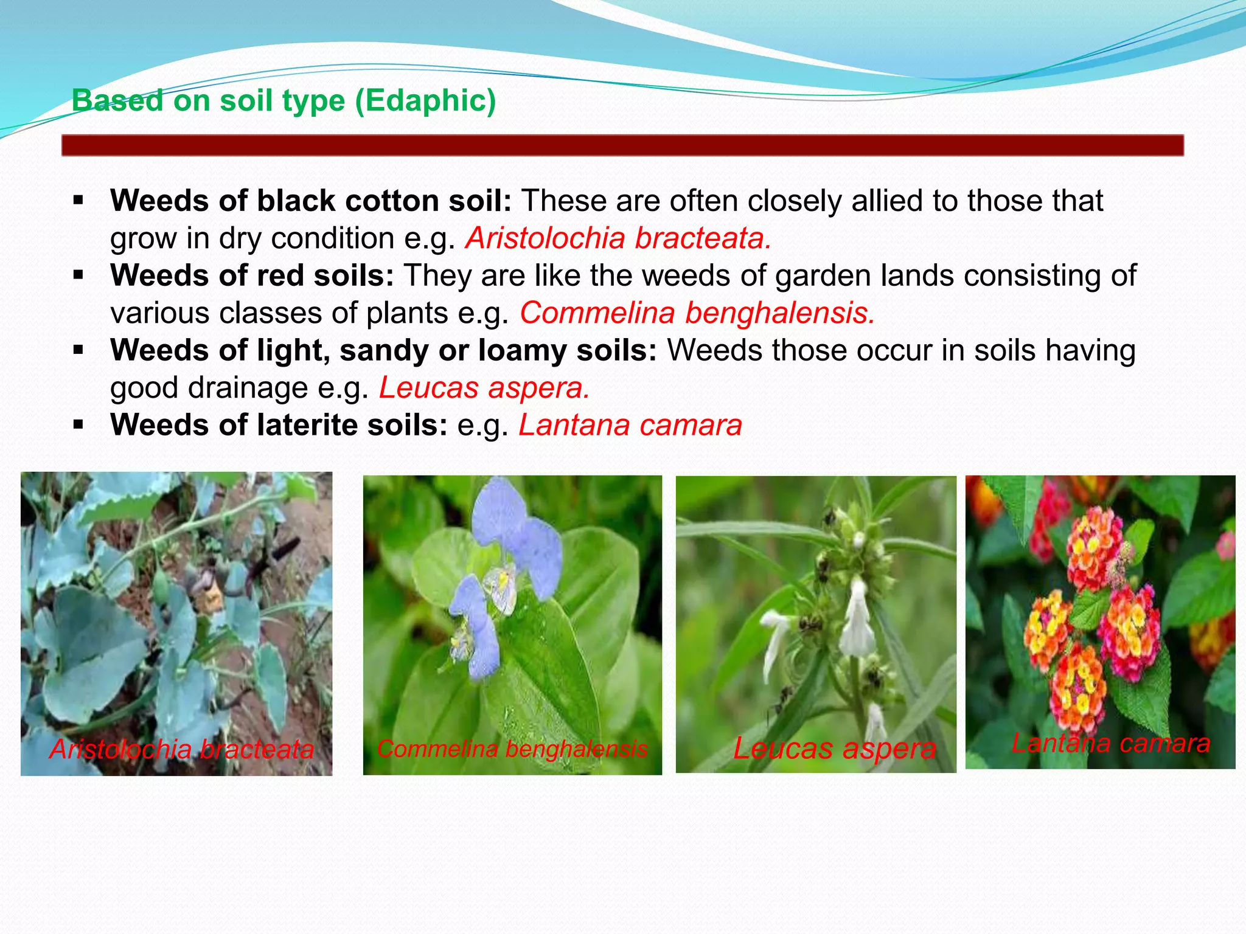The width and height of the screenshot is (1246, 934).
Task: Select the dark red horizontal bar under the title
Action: pos(622,145)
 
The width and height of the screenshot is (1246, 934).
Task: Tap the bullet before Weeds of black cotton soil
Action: pos(78,200)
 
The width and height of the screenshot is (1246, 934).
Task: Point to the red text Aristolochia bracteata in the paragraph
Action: pos(618,238)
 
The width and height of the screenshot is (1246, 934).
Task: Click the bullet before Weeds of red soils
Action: pos(78,275)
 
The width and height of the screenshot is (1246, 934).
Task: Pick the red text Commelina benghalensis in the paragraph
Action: pos(697,313)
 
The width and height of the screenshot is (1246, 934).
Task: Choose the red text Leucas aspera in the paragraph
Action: pos(484,388)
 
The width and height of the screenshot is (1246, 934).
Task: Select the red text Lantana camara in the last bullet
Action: pos(630,425)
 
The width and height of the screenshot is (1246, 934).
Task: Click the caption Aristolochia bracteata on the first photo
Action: pos(182,749)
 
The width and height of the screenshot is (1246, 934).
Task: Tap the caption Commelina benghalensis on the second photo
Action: pos(512,749)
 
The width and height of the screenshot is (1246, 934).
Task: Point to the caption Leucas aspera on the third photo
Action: pos(834,748)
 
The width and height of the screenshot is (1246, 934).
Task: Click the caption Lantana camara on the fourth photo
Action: pos(1111,743)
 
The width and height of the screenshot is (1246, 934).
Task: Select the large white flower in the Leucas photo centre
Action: pos(857,620)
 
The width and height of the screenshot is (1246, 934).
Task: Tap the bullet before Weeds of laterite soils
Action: pos(78,424)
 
